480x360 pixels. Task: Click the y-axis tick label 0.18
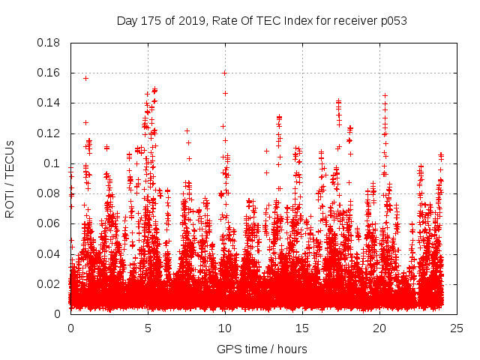(x=49, y=43)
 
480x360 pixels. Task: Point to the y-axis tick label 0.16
(x=49, y=73)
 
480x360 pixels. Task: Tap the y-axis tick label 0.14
(x=49, y=103)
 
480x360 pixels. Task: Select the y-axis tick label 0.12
(x=49, y=133)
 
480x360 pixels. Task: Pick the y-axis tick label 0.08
(x=49, y=193)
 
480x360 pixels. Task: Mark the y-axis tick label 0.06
(x=49, y=223)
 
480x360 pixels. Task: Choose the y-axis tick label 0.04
(x=49, y=253)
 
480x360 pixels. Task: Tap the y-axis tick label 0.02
(x=49, y=283)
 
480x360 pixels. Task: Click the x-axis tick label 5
(x=148, y=328)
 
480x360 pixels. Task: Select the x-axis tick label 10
(x=224, y=328)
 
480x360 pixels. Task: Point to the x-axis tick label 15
(x=301, y=328)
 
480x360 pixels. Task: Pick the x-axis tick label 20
(x=379, y=328)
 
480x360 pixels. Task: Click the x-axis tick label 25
(x=455, y=328)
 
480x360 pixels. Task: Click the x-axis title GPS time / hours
(x=262, y=349)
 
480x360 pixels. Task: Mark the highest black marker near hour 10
(x=224, y=73)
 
